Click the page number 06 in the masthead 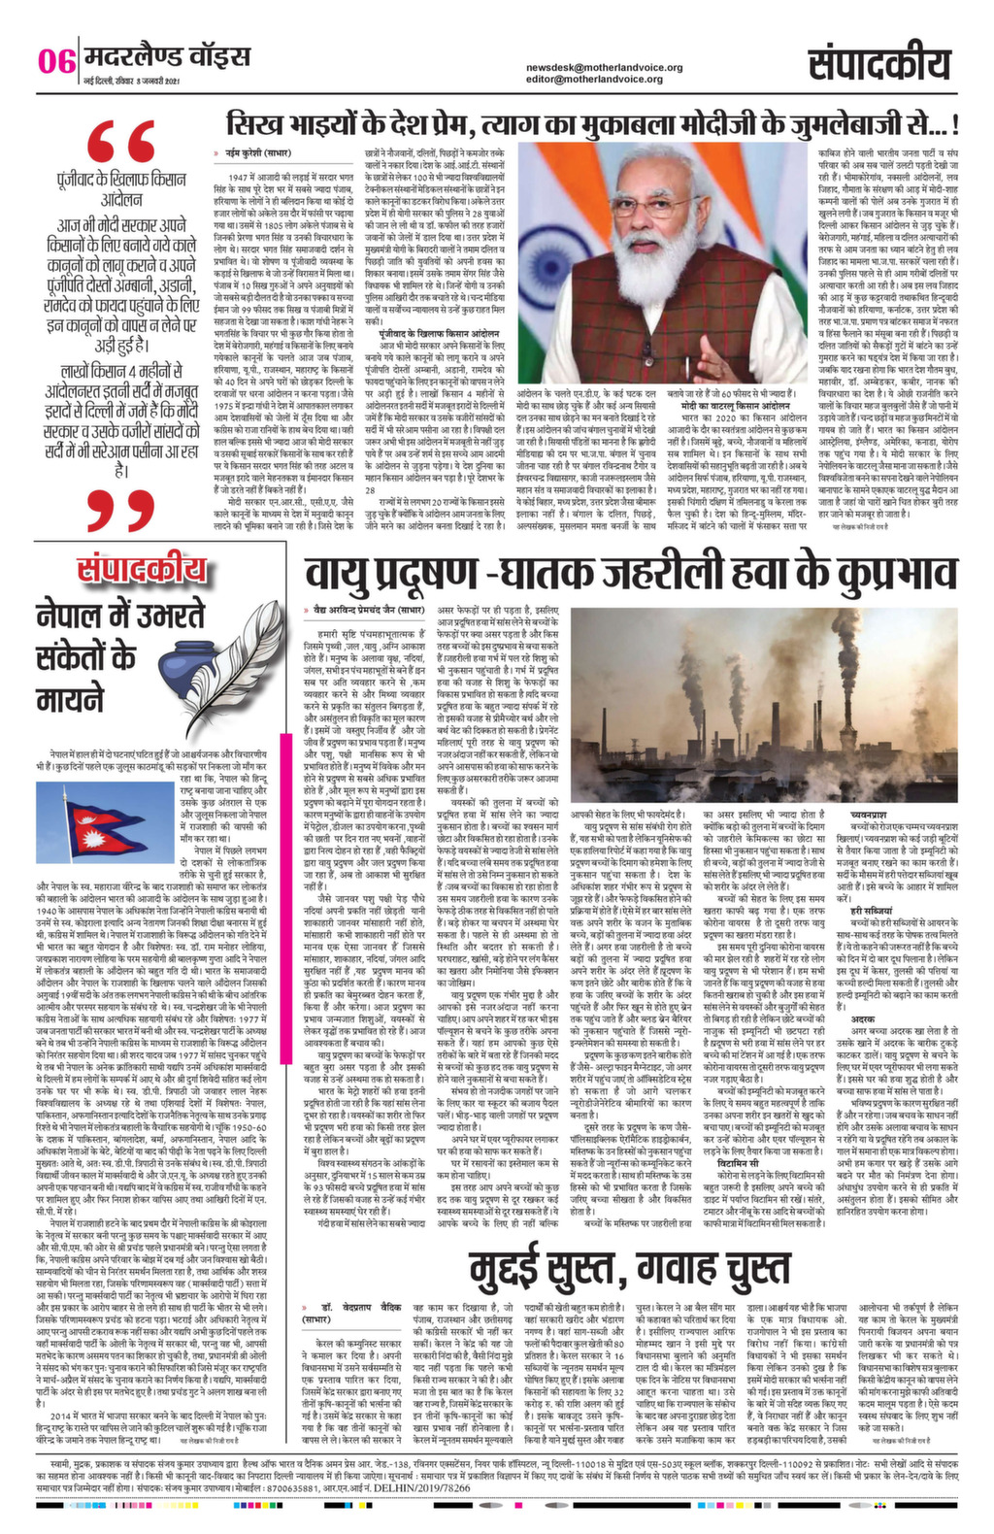[56, 61]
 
